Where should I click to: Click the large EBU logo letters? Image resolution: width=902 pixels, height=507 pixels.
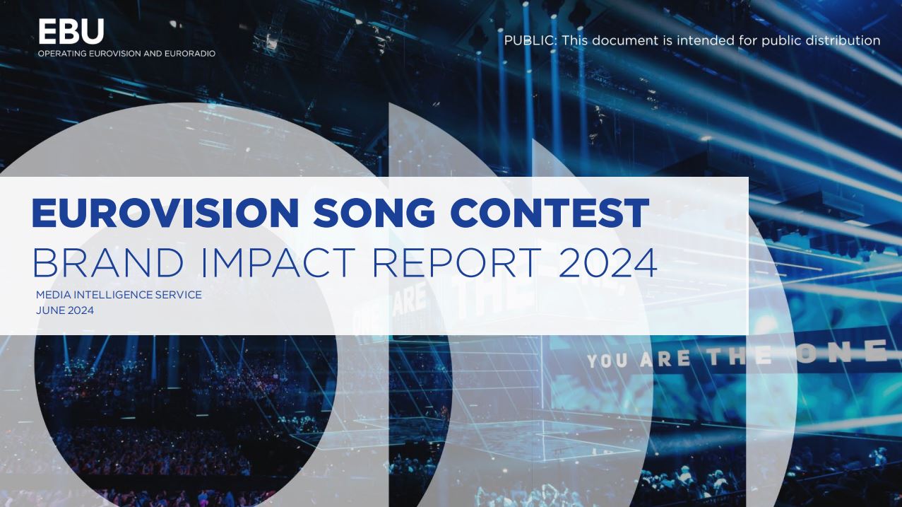71,31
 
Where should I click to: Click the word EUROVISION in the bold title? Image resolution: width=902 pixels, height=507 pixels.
165,213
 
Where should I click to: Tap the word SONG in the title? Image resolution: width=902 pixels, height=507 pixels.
374,213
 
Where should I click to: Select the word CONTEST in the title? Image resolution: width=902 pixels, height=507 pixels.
550,213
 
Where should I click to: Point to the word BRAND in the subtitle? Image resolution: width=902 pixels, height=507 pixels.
108,262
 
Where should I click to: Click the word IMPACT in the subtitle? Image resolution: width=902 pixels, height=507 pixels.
278,262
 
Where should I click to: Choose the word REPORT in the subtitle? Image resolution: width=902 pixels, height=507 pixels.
457,262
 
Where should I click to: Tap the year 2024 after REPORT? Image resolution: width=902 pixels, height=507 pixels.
607,262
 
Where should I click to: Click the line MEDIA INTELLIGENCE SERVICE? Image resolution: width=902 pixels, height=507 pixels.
119,295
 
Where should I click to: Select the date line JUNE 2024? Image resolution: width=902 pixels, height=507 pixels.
65,310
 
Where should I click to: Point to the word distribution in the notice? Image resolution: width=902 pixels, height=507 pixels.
843,41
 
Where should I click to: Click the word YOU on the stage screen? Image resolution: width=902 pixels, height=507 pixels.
607,361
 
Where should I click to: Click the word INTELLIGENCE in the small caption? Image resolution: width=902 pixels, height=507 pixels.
114,295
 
